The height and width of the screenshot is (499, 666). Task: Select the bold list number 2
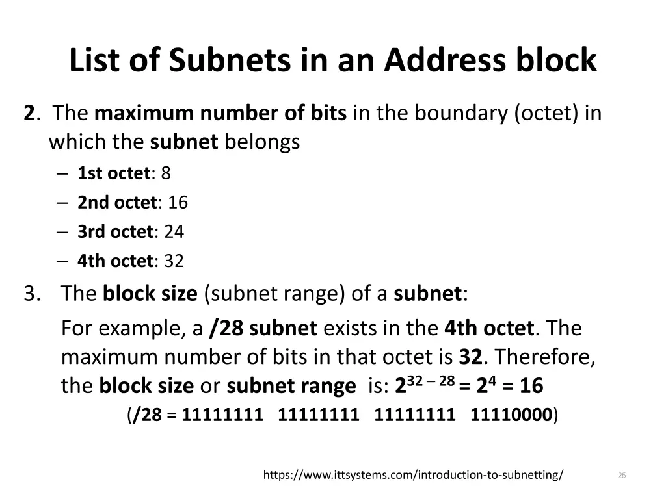point(29,114)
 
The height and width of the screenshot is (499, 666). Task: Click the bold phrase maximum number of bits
point(220,114)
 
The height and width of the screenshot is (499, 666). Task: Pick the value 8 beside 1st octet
point(166,173)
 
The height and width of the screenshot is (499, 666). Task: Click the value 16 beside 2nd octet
point(178,203)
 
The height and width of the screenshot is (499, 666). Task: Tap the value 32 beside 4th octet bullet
point(174,261)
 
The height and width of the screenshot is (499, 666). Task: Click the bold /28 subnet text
point(263,328)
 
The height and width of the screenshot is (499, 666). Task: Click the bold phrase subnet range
point(291,387)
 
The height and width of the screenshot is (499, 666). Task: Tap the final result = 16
point(523,387)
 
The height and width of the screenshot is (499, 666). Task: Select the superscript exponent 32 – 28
point(430,380)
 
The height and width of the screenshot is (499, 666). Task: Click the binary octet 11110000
point(511,415)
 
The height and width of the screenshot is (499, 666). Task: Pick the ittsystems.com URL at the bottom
point(413,475)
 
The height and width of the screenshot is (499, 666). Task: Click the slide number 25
point(621,476)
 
